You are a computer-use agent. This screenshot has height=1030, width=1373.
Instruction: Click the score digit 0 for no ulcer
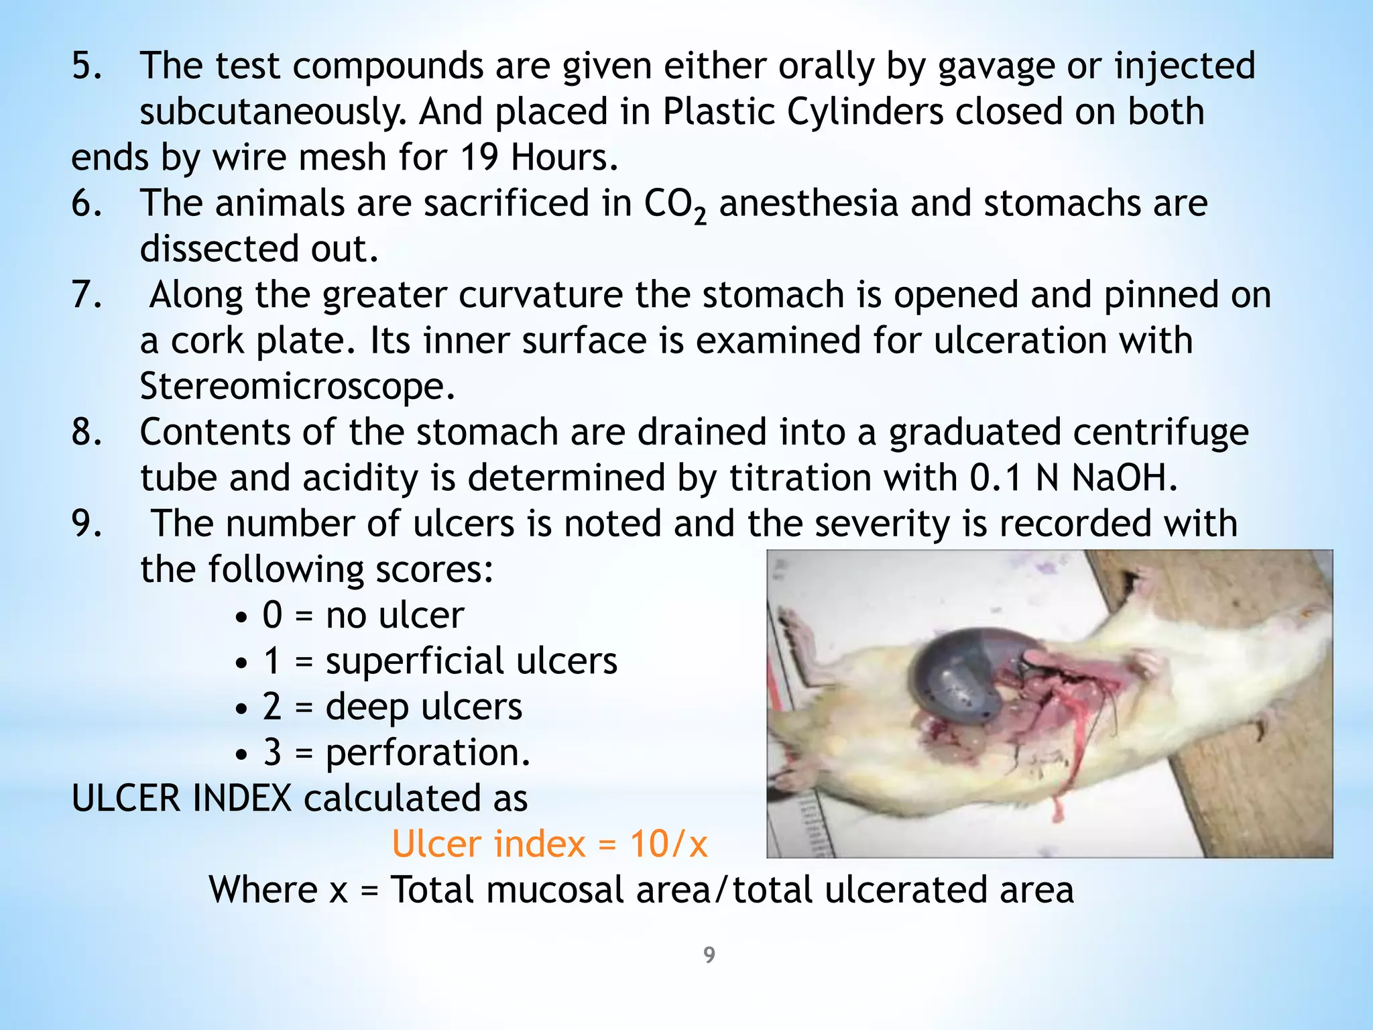[x=272, y=615]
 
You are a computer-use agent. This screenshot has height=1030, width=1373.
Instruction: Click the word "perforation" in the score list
[x=422, y=753]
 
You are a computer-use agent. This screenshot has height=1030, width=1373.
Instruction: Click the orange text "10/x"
[x=668, y=844]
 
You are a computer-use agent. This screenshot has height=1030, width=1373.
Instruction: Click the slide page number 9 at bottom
[x=709, y=955]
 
